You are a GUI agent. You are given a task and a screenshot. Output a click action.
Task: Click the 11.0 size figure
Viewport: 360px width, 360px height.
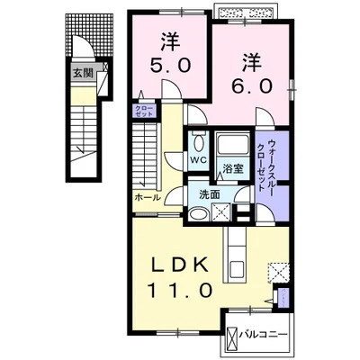(180, 291)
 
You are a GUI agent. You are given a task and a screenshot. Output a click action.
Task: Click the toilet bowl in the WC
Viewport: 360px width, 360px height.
(198, 142)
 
